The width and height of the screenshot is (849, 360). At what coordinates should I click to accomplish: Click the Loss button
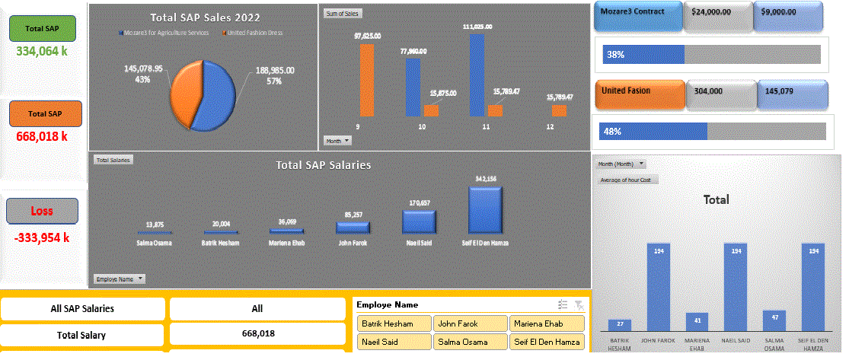[42, 211]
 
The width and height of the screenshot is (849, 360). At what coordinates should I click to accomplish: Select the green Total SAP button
[42, 28]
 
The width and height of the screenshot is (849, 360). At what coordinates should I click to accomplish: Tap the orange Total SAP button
[44, 113]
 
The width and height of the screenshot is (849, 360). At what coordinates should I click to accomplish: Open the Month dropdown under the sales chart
[338, 141]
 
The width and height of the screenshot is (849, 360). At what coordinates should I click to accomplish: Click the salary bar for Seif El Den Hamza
[485, 209]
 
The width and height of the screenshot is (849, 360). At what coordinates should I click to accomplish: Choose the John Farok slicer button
[469, 323]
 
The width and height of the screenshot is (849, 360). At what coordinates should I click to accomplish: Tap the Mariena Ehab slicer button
[545, 323]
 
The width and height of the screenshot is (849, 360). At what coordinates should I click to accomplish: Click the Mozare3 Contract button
[637, 15]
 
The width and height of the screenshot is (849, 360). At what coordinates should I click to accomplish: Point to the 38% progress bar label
[616, 55]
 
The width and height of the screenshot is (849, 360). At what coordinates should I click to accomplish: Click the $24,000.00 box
[717, 15]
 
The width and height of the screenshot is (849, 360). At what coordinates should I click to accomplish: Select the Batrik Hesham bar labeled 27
[620, 324]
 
